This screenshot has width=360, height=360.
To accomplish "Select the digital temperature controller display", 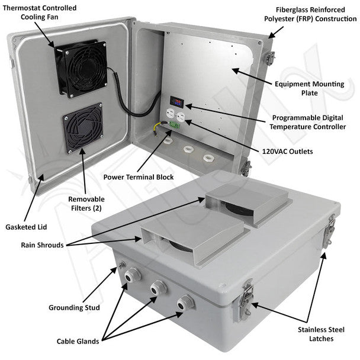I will click(176, 101).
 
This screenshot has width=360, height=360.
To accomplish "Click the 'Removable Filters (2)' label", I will click(81, 204).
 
